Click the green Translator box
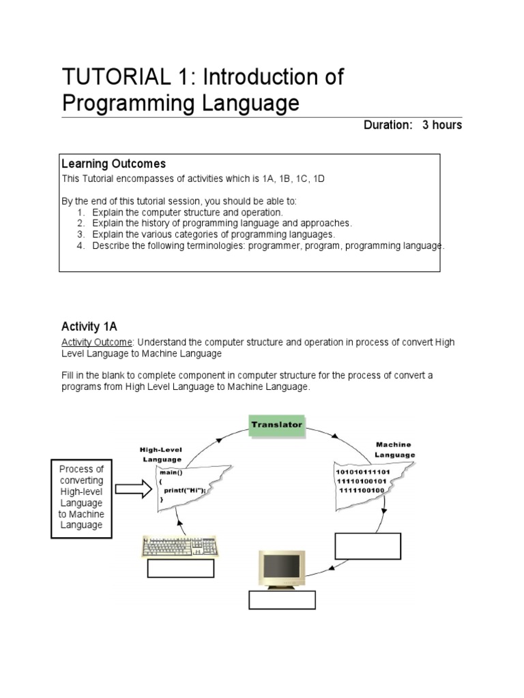pyautogui.click(x=276, y=425)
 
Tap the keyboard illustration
pyautogui.click(x=181, y=547)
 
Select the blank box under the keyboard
pyautogui.click(x=181, y=568)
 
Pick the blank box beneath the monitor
pyautogui.click(x=282, y=600)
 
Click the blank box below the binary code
pyautogui.click(x=368, y=546)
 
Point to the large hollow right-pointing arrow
pyautogui.click(x=133, y=489)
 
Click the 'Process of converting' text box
pyautogui.click(x=81, y=498)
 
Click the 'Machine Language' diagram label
pyautogui.click(x=394, y=450)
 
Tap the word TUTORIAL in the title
pyautogui.click(x=109, y=78)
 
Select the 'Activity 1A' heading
pyautogui.click(x=89, y=327)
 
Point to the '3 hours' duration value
pyautogui.click(x=442, y=125)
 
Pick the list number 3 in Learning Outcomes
pyautogui.click(x=80, y=234)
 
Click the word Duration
pyautogui.click(x=388, y=125)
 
